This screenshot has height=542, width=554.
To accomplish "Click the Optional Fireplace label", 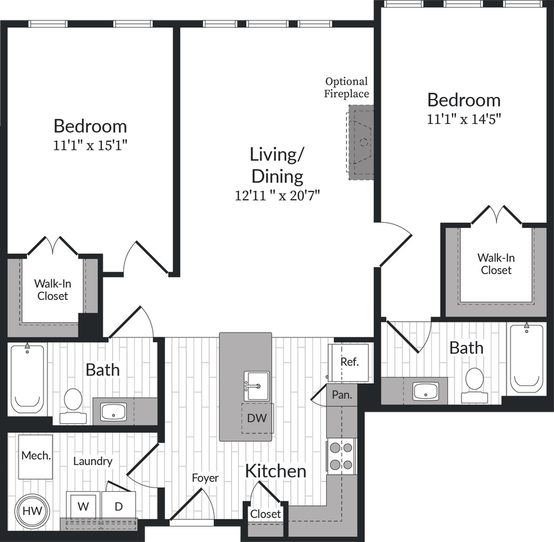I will point(347,87).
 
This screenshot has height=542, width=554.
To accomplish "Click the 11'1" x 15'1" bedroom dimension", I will point(91,145).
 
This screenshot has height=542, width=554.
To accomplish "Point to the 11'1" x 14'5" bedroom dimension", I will point(463,119).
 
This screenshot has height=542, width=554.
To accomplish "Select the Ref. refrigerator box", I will point(349,362).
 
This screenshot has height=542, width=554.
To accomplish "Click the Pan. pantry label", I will point(342,395).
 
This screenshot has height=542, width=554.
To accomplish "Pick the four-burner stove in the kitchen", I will point(340,456).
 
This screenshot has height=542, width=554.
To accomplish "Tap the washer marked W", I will point(83,505).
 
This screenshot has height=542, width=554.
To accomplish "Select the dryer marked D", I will point(119,505).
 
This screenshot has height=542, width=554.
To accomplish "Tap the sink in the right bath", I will point(425,390).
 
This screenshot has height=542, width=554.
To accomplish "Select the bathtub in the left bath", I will point(28,379).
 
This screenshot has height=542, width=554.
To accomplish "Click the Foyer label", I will point(205,478).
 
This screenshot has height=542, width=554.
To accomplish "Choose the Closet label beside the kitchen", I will point(265,514).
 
